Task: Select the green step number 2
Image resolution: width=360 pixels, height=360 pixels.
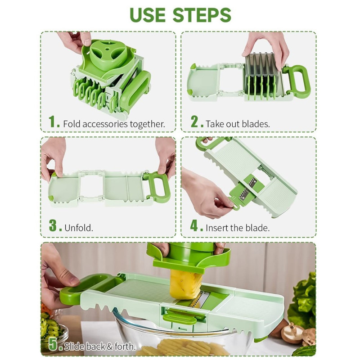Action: coord(194,122)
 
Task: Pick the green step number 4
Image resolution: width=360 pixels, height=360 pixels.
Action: coord(194,226)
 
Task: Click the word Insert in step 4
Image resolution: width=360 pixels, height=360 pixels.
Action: coord(216,228)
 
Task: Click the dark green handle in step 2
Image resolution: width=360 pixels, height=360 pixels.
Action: coord(298,81)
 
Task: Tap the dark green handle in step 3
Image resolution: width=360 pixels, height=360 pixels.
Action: coord(158,186)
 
